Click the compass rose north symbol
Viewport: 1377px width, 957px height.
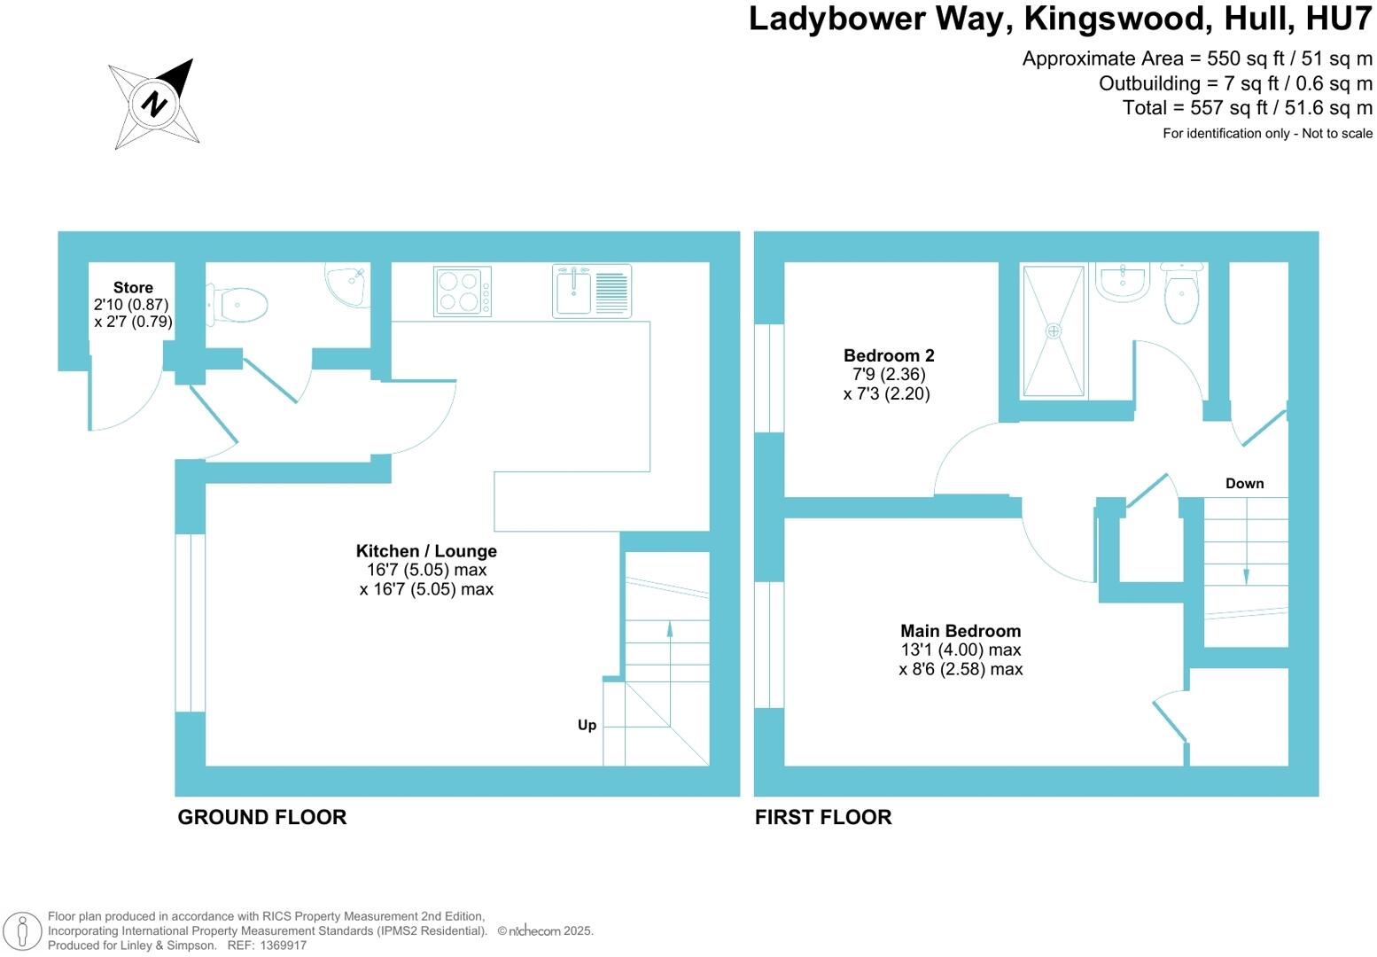[x=155, y=104]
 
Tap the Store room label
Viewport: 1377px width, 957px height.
[x=133, y=287]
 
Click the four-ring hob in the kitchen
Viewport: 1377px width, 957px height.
[x=462, y=292]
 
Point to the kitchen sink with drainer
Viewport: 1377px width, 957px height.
[x=591, y=291]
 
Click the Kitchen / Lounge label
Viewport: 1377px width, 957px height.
[x=426, y=551]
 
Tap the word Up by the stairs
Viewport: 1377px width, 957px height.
[x=587, y=725]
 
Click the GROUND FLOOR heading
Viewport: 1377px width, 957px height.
[x=261, y=817]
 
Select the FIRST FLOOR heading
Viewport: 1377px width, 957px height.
[x=822, y=817]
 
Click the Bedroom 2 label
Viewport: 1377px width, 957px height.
[x=888, y=355]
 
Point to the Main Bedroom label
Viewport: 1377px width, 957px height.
[x=961, y=631]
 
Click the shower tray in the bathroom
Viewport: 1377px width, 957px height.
[x=1053, y=331]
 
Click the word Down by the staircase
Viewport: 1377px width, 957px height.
[x=1244, y=483]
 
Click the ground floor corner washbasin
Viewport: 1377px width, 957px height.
[x=346, y=284]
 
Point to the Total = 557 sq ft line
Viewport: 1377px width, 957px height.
[x=1247, y=108]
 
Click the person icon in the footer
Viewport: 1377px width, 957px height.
[x=24, y=931]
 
